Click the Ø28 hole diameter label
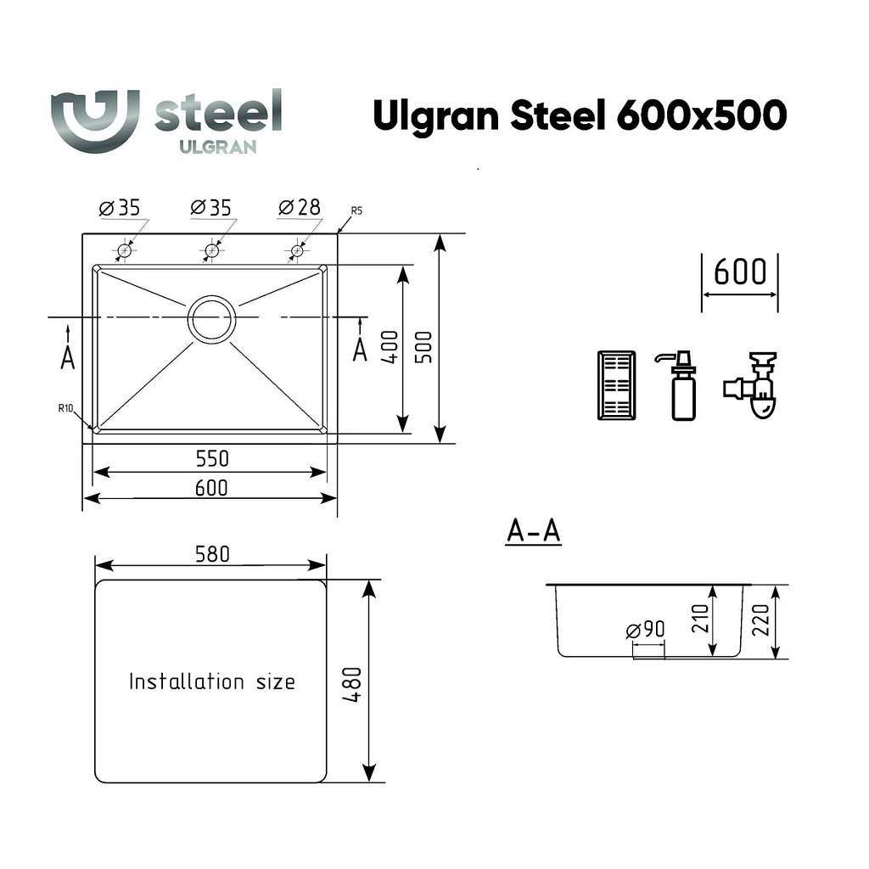tap(300, 207)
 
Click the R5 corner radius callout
tap(356, 210)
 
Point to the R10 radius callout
tap(65, 408)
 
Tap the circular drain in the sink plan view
tap(211, 319)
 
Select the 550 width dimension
tap(212, 458)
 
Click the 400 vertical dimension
tap(390, 347)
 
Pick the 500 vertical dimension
tap(424, 347)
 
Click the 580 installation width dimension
tap(212, 553)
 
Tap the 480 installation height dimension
tap(352, 685)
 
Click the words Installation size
tap(211, 681)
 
